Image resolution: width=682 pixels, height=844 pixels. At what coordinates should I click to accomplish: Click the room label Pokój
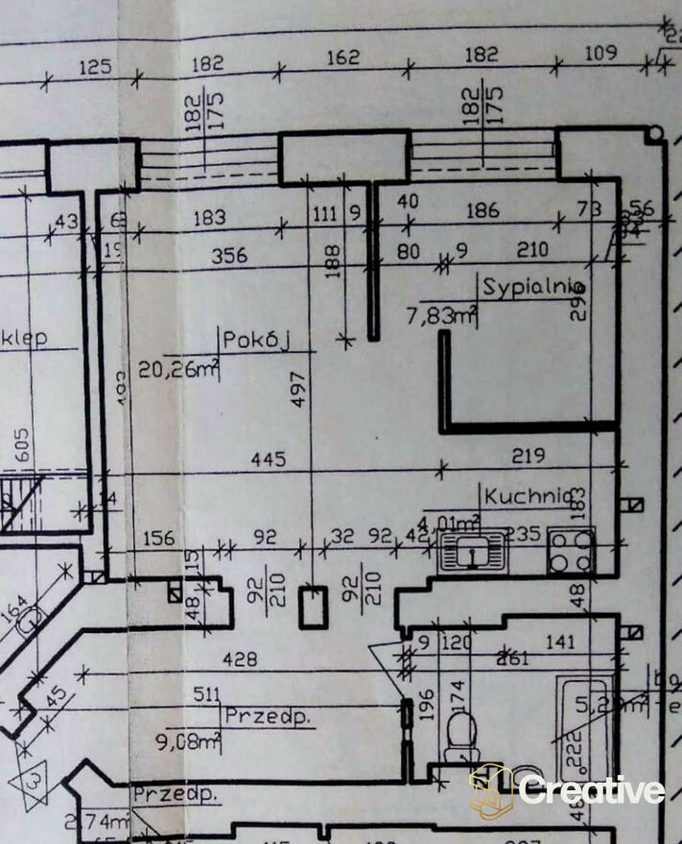pos(255,340)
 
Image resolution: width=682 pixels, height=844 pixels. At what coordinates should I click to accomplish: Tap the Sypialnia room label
pos(534,287)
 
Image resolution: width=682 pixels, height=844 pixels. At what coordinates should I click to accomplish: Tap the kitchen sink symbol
pos(470,552)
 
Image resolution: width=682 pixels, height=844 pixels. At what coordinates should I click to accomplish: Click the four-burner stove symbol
pos(571,551)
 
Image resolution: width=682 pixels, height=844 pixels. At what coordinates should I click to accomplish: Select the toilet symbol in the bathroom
pos(461,732)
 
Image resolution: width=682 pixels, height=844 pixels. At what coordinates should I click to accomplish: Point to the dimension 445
pos(268,460)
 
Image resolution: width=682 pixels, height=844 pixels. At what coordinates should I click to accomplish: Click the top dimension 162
pos(342,58)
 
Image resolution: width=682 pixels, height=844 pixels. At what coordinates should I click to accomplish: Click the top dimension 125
pos(96,67)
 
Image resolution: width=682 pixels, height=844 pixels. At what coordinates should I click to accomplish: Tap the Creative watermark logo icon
pos(490,790)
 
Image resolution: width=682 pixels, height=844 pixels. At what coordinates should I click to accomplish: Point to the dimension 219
pos(529,455)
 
